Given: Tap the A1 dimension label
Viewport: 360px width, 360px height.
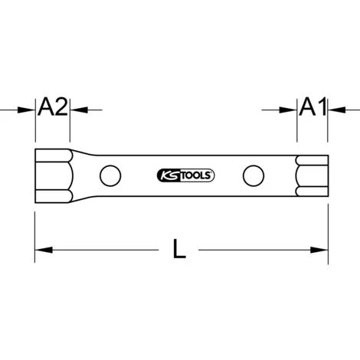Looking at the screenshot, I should [313, 106].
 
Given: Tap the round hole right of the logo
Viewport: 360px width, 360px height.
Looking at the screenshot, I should [251, 175].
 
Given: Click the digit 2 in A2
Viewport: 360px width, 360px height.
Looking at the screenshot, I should [61, 106].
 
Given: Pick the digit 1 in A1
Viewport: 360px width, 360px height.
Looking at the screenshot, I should [320, 106].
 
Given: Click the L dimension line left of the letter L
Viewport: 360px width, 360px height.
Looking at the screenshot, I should [107, 249].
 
